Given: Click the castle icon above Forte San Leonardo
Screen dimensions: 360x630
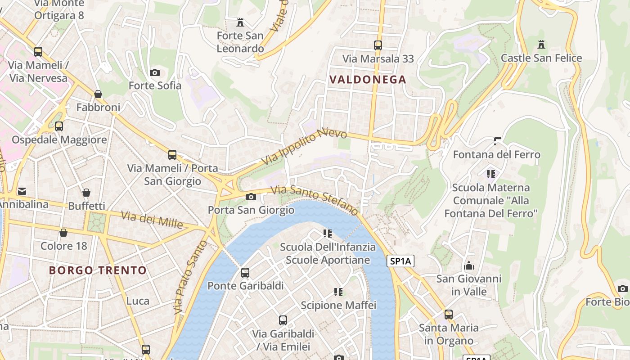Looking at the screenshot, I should [240, 22].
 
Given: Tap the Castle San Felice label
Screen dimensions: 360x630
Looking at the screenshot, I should [541, 58].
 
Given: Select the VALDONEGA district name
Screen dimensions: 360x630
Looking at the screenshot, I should [368, 80].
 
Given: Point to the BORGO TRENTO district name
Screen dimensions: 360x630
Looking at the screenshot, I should [98, 270].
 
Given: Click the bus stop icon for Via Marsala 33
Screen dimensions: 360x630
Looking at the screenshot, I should [378, 45].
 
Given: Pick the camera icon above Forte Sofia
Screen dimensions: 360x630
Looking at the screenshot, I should [154, 72].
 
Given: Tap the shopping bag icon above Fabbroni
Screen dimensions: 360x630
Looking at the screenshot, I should [98, 94].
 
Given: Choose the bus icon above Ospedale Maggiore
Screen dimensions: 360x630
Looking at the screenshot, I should [59, 126].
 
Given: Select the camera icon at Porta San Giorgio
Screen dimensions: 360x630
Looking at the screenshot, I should [251, 197].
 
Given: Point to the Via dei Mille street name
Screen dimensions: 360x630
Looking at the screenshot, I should [152, 220].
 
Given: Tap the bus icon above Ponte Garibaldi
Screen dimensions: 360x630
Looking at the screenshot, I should [245, 273].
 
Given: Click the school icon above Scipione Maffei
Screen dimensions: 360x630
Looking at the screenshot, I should [338, 292].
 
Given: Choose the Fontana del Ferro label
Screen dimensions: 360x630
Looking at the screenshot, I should [496, 154].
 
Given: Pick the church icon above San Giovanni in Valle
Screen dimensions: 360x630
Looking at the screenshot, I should [469, 265].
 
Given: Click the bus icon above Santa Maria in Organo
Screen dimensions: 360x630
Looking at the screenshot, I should [448, 315].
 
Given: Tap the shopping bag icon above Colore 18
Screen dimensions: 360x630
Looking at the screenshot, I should [63, 233].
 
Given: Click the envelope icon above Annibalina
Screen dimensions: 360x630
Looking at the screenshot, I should [22, 191].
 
